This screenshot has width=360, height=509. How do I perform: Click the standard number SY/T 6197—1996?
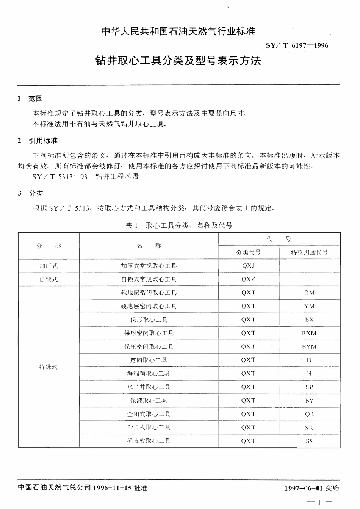pos(297,45)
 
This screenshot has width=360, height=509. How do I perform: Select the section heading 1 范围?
pos(30,99)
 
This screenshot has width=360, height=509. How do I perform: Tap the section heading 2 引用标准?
pos(38,141)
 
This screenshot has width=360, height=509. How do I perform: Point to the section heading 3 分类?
pos(30,194)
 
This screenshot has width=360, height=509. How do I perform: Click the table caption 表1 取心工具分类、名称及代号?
pos(179,226)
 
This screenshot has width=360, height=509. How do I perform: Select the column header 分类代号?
pos(248,252)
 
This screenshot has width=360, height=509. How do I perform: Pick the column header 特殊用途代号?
pos(309,252)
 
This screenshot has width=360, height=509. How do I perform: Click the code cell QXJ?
pos(248,266)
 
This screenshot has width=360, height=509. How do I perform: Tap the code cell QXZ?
pos(248,279)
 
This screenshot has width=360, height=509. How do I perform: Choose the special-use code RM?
pos(309,293)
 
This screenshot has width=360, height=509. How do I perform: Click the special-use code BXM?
pos(309,333)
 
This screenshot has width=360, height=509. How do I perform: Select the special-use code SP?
pos(309,387)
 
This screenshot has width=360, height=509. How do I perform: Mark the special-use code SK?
pos(309,428)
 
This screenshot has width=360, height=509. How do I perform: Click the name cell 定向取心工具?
pos(149,360)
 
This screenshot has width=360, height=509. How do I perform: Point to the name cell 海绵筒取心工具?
pos(149,374)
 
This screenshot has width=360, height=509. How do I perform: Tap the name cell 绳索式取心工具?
pos(149,441)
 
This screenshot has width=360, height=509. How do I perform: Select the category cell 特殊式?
pos(49,367)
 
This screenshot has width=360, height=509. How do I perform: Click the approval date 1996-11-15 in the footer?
pos(112,488)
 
